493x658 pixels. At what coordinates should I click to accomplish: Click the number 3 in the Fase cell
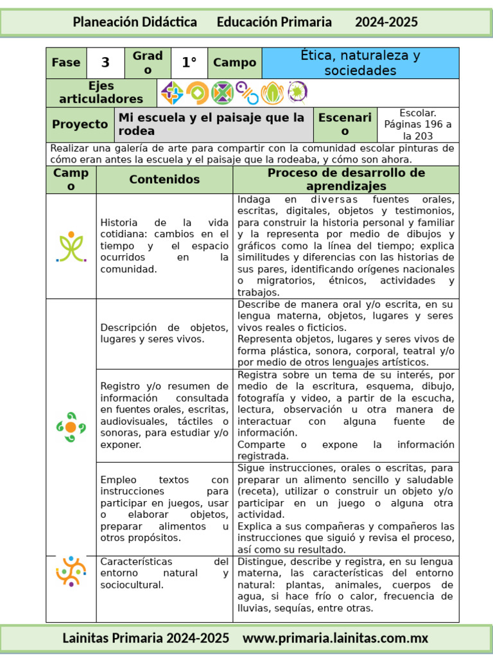tap(105, 62)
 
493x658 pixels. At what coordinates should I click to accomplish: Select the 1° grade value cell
tap(189, 62)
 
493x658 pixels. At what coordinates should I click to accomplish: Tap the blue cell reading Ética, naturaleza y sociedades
tap(360, 63)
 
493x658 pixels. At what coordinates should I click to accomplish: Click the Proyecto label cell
tap(80, 125)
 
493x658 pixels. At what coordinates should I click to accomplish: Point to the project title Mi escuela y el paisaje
tap(213, 125)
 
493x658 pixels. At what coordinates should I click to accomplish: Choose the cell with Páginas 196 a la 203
tap(417, 125)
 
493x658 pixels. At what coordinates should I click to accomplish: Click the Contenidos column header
tap(164, 180)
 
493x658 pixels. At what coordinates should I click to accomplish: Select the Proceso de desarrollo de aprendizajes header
tap(346, 180)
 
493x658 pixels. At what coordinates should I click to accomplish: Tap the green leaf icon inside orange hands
tap(272, 93)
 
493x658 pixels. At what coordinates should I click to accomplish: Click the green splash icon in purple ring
tap(297, 92)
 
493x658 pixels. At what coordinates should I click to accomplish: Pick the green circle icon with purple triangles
tap(222, 93)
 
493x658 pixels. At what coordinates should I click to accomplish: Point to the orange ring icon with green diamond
tap(197, 93)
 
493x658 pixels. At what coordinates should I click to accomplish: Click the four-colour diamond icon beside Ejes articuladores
tap(172, 93)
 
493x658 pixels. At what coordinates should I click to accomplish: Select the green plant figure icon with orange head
tap(71, 246)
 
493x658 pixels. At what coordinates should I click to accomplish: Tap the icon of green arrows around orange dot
tap(71, 427)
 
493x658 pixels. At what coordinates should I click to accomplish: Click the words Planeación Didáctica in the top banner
tap(135, 22)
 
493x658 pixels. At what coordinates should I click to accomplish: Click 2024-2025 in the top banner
tap(386, 22)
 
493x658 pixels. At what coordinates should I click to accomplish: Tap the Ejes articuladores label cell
tap(101, 93)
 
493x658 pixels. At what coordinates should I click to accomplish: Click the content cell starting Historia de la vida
tap(164, 246)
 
